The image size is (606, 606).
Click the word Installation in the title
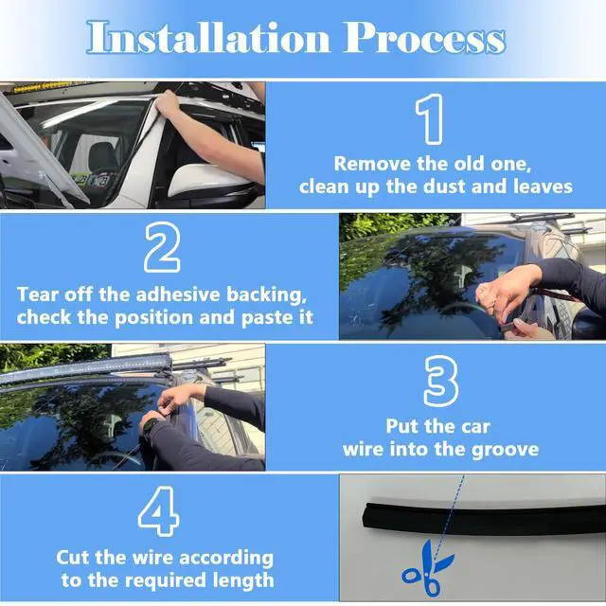click(208, 37)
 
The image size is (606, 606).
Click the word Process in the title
click(424, 37)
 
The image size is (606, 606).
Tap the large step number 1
click(429, 119)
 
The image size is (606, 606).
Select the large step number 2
click(162, 248)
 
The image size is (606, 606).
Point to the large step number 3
click(441, 382)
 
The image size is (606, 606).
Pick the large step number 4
click(159, 511)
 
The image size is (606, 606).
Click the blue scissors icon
click(427, 568)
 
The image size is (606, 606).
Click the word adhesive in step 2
click(179, 294)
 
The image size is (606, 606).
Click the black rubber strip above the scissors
click(484, 519)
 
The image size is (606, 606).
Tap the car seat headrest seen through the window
click(103, 154)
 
